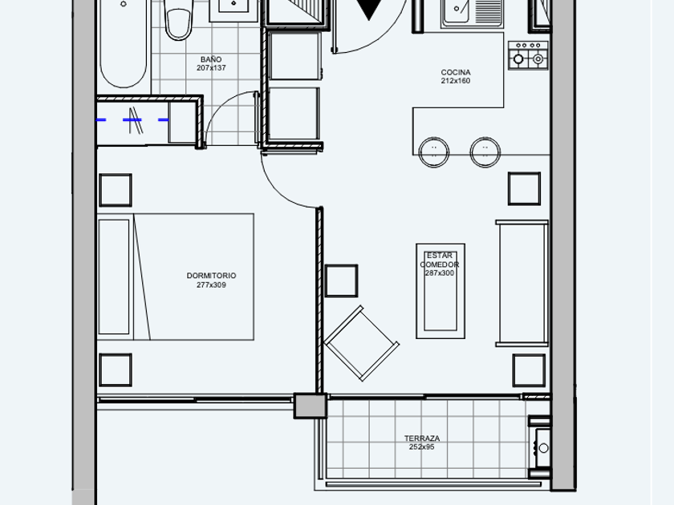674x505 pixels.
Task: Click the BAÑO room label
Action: tap(210, 59)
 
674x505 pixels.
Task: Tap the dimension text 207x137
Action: tap(211, 68)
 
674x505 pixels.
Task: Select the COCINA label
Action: tap(456, 73)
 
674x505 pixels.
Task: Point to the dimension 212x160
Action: tap(456, 81)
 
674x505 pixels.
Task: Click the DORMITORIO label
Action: tap(212, 276)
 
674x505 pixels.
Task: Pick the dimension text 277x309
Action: tap(212, 285)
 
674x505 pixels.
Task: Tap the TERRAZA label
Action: tap(422, 438)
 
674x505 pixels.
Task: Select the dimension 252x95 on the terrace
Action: tap(422, 447)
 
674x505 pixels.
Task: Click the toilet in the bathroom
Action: tap(179, 19)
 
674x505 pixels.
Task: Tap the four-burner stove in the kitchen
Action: tap(528, 55)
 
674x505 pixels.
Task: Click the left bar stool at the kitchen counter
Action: tap(434, 151)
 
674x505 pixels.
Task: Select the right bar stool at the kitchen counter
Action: tap(485, 151)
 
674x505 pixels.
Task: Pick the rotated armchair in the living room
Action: tap(362, 343)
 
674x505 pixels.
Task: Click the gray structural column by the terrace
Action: tap(311, 406)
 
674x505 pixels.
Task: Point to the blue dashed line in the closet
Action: tap(133, 119)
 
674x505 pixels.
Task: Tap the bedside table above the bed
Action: tap(116, 190)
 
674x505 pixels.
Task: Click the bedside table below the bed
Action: tap(116, 370)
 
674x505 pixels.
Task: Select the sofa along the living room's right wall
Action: tap(522, 284)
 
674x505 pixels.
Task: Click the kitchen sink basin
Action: tap(457, 10)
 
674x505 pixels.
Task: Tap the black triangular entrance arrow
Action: tap(368, 10)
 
